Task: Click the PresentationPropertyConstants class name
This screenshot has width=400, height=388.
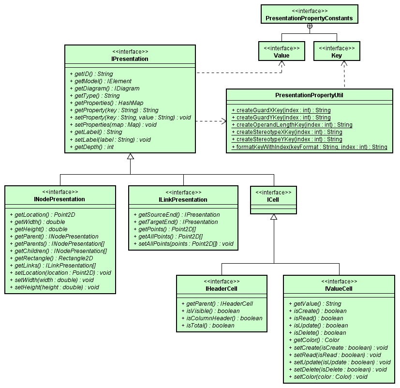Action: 309,19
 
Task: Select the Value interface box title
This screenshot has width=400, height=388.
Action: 281,56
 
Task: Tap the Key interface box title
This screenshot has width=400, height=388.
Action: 336,56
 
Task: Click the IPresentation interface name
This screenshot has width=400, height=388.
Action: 130,59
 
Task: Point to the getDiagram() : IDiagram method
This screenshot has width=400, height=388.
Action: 104,89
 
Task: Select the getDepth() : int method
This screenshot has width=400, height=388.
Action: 91,147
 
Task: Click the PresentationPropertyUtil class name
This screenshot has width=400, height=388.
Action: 310,95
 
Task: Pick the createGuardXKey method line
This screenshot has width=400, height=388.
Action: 281,110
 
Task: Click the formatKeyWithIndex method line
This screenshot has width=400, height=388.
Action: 310,147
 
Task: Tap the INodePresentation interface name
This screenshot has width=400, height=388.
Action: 60,199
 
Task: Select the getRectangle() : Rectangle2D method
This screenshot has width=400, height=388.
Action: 50,258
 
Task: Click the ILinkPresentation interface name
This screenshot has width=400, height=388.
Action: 183,199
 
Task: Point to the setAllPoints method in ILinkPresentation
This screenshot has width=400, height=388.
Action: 186,243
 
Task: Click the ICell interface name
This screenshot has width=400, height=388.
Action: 273,199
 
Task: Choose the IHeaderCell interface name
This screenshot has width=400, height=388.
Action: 221,289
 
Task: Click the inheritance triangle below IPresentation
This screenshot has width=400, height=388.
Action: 130,157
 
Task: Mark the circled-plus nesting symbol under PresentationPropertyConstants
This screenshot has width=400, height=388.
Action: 310,26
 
